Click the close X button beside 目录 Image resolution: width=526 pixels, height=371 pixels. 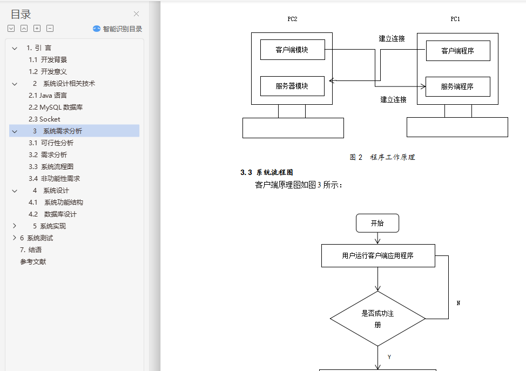point(137,14)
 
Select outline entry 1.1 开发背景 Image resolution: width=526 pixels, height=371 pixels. point(48,60)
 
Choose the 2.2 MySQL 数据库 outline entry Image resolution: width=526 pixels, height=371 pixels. point(56,107)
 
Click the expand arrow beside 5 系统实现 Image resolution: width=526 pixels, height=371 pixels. point(15,226)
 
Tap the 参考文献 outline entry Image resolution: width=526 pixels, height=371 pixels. point(33,262)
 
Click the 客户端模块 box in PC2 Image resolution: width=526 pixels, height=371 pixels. point(292,50)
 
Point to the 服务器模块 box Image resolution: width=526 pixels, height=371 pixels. point(292,86)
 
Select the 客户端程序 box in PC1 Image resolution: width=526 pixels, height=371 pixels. point(457,51)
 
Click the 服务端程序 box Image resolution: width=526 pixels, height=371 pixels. point(457,86)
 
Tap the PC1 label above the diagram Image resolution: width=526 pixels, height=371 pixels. point(455,19)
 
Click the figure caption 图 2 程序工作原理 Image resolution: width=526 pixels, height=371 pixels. point(382,158)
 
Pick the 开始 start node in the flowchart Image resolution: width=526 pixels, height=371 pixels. point(377,223)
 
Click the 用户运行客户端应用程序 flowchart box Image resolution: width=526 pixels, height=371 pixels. point(378,256)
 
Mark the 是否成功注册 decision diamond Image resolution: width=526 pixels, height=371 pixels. point(377,319)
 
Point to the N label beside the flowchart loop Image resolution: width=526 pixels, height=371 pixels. point(458,303)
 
